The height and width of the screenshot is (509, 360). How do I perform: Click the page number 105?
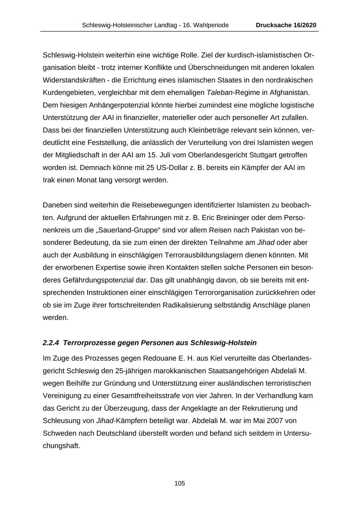[x=180, y=483]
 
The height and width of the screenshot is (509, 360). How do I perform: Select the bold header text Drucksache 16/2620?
[x=286, y=25]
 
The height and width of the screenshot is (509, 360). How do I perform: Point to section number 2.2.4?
[x=51, y=343]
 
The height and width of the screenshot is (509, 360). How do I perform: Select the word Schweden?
[x=58, y=433]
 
